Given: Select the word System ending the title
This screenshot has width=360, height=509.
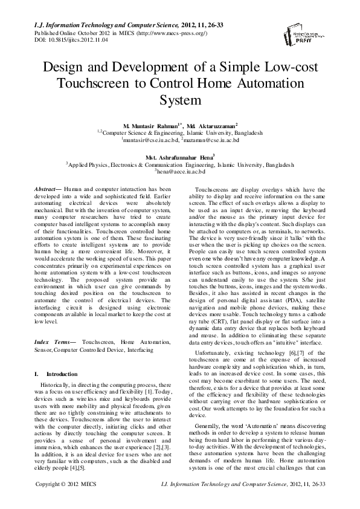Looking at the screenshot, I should pyautogui.click(x=179, y=97).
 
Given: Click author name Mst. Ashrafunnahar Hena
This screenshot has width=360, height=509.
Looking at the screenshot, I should pyautogui.click(x=179, y=156).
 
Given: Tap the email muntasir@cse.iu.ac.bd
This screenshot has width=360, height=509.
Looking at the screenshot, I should pyautogui.click(x=148, y=139).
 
